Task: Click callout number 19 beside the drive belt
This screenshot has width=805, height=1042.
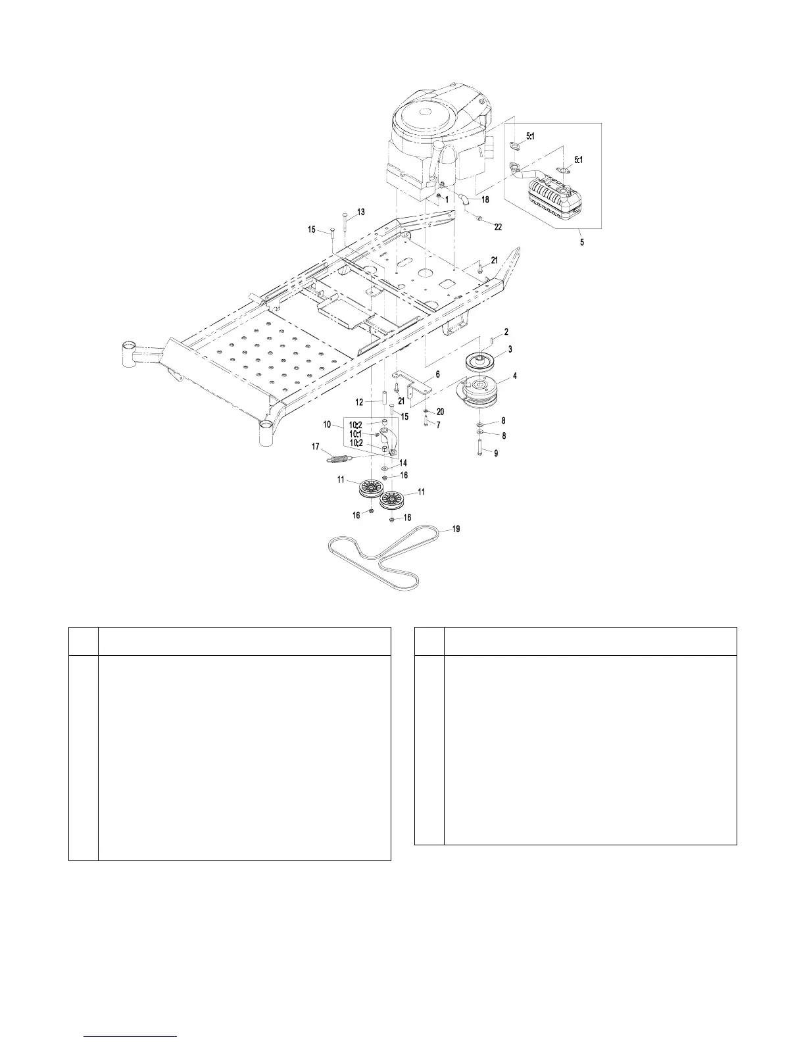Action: click(456, 528)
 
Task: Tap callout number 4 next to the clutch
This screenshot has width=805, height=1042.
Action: click(515, 376)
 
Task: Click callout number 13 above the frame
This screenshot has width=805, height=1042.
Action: click(360, 212)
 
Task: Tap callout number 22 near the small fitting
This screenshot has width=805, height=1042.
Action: click(498, 227)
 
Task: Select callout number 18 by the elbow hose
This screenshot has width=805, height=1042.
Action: click(485, 198)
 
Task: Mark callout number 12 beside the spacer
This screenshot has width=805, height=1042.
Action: click(359, 402)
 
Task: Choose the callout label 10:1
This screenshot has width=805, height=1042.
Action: click(356, 434)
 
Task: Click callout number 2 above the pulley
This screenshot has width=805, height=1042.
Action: click(506, 332)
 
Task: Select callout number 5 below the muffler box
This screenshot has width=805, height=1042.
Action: click(581, 241)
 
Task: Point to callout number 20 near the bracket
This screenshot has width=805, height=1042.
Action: click(440, 412)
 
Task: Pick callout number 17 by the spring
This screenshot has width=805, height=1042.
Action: click(316, 447)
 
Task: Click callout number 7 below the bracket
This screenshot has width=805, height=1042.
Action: click(438, 424)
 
